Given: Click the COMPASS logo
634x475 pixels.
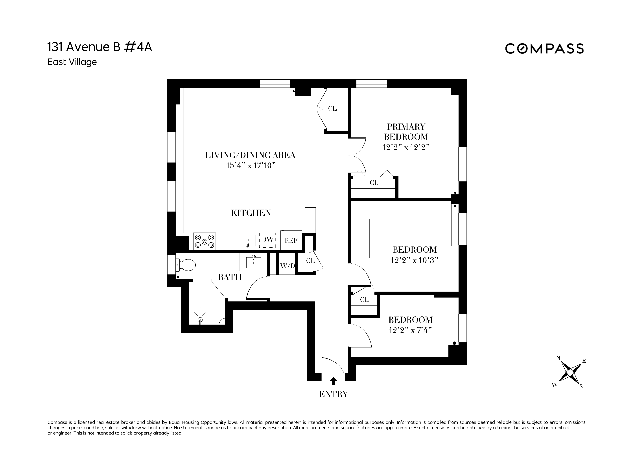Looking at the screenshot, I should pos(544,49).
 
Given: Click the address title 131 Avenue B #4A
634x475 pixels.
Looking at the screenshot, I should pos(100,47).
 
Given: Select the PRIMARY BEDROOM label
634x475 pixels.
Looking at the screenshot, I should pos(406,132).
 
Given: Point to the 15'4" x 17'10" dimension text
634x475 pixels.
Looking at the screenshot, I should pos(251,166).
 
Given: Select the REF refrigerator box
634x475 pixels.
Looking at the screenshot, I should pos(291,241).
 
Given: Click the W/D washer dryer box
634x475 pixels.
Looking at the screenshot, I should pos(287,266).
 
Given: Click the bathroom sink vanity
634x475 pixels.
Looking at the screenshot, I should pos(253,262).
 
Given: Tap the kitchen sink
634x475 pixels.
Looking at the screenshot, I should pos(248,241).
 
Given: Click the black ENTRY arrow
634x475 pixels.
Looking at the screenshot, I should pos(333,381).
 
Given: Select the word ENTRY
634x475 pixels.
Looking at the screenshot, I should pos(333,394).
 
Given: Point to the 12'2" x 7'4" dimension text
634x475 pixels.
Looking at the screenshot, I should pos(410,330).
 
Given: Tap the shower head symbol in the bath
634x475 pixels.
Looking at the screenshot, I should pos(200,319).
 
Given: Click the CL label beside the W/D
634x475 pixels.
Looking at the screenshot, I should pos(310,261).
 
